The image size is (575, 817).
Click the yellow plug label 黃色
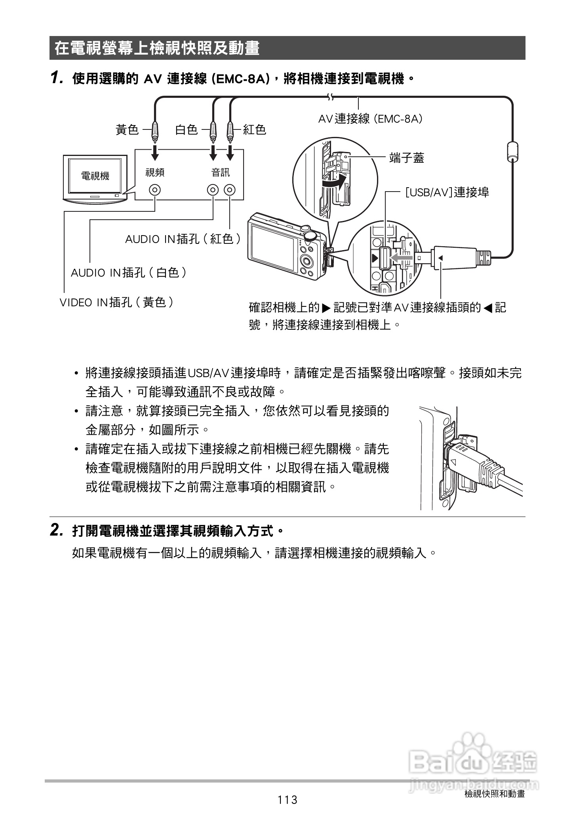[127, 129]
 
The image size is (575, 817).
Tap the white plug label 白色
[186, 129]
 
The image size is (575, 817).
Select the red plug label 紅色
[255, 129]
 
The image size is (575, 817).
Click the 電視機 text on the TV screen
[95, 176]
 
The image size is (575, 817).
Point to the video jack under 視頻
[155, 190]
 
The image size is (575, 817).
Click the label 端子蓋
[407, 158]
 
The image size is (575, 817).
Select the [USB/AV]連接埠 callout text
[447, 193]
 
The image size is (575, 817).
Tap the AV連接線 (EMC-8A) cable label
[370, 118]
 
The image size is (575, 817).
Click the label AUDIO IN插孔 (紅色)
[183, 239]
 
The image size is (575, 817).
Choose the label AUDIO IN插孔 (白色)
[129, 272]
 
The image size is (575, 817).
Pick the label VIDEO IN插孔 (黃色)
[116, 302]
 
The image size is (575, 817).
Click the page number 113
[287, 800]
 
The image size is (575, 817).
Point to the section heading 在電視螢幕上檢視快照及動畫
[157, 48]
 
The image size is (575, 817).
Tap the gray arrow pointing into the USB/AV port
[401, 258]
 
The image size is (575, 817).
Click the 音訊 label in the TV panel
[220, 172]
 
